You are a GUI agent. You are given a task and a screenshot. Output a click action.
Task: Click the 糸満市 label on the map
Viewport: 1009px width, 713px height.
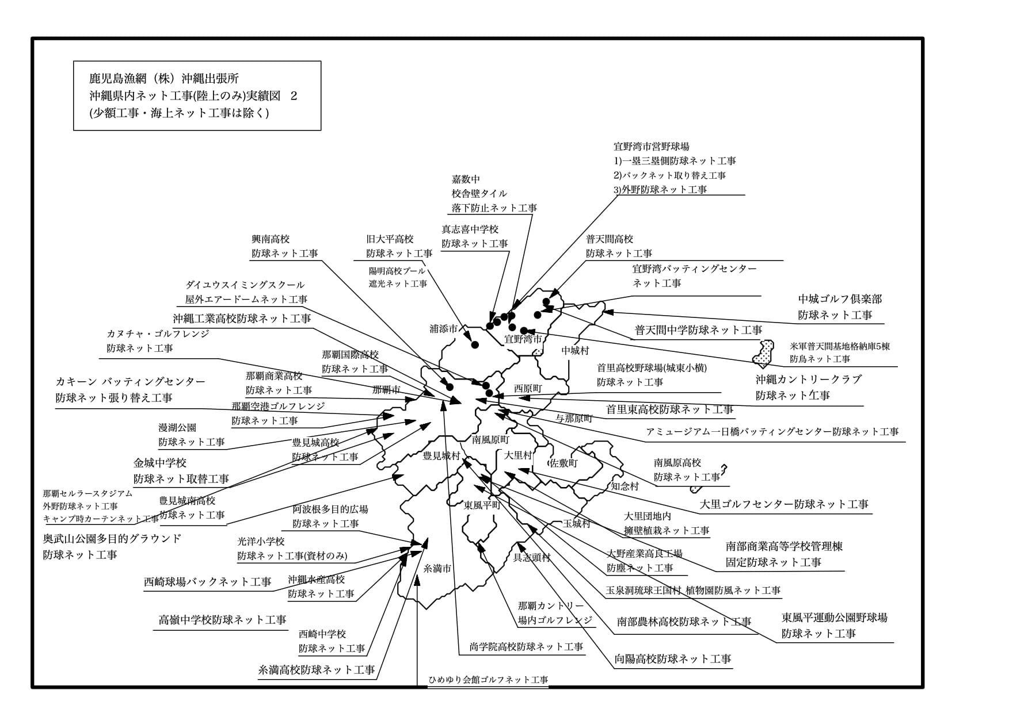[437, 569]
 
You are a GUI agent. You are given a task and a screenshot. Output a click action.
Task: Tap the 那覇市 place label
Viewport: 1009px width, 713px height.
[386, 390]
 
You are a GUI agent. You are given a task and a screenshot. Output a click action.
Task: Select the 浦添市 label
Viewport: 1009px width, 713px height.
[443, 329]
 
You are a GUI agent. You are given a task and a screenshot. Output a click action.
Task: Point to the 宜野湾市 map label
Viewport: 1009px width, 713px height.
[523, 339]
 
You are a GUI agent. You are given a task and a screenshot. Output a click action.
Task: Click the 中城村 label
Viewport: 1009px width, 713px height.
[575, 350]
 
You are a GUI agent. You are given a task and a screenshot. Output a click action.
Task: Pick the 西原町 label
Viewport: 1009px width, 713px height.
[528, 388]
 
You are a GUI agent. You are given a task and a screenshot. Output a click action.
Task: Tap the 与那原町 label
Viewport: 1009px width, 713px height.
[573, 418]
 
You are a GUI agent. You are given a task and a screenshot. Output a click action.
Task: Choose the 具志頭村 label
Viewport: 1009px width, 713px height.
[532, 557]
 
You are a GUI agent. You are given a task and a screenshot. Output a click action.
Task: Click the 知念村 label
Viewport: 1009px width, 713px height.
[625, 486]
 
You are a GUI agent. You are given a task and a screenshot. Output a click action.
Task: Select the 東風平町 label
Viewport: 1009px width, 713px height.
[482, 505]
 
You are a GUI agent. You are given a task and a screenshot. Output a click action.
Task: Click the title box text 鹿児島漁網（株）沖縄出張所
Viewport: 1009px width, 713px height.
[164, 79]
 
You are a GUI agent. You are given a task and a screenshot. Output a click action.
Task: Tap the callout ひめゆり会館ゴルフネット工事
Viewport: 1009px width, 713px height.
[488, 680]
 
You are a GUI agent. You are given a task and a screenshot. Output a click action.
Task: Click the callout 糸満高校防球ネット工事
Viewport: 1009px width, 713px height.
[317, 669]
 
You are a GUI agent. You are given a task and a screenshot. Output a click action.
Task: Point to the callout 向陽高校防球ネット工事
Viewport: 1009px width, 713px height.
[672, 659]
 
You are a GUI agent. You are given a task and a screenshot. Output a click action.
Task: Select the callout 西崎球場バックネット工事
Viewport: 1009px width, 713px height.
[207, 582]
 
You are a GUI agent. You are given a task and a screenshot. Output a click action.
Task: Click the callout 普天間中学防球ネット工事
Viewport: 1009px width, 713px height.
[698, 330]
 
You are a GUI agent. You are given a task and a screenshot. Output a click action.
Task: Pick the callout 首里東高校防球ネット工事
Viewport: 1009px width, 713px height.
[669, 409]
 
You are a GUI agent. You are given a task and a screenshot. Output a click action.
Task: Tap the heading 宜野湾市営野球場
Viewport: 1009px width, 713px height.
[651, 147]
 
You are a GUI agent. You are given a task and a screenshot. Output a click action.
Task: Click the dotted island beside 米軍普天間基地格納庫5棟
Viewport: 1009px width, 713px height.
[764, 352]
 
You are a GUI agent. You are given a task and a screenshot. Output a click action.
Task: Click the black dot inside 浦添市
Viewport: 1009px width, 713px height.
[475, 345]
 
